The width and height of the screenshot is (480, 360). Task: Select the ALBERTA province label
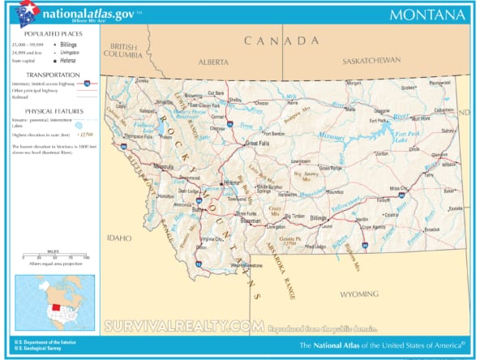pyautogui.click(x=213, y=61)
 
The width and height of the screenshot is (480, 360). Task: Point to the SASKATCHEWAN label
pyautogui.click(x=371, y=61)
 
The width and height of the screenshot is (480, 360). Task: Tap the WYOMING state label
pyautogui.click(x=358, y=293)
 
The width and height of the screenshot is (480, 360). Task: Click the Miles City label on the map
pyautogui.click(x=399, y=188)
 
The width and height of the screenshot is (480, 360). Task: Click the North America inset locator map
pyautogui.click(x=55, y=302)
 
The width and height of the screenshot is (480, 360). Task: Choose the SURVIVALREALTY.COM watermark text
pyautogui.click(x=184, y=326)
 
